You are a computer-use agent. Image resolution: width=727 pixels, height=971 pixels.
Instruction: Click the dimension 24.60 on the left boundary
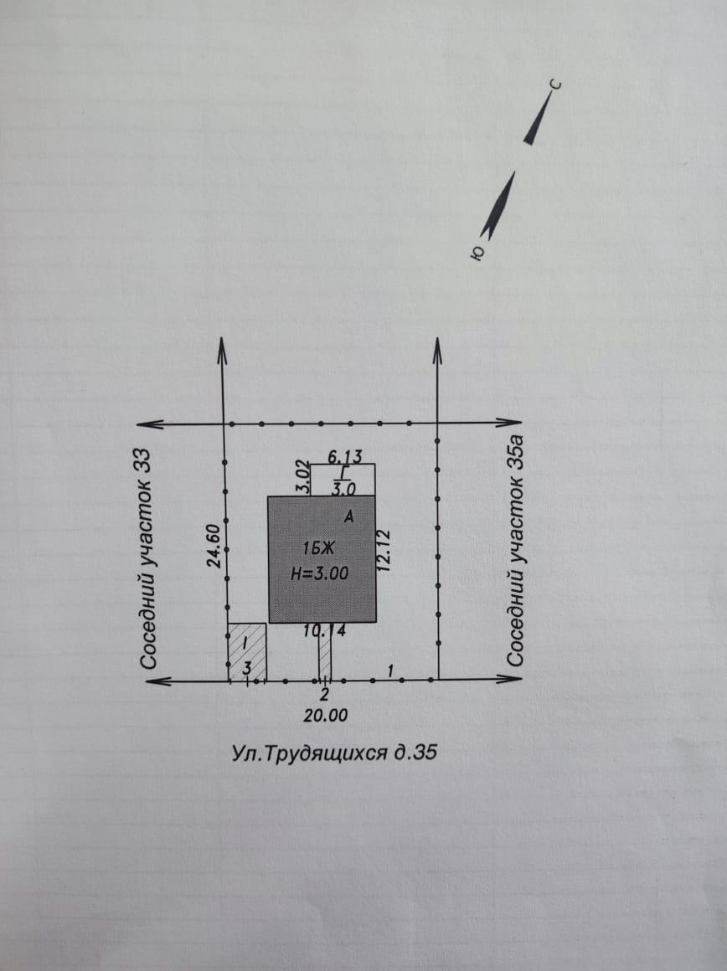[214, 546]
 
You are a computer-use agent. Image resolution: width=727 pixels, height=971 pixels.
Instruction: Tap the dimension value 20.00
[325, 716]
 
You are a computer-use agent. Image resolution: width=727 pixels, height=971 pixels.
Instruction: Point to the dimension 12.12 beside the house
[384, 550]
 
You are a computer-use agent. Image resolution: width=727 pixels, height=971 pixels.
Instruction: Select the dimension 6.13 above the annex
[344, 457]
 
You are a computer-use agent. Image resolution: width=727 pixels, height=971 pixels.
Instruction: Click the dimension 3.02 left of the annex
[302, 476]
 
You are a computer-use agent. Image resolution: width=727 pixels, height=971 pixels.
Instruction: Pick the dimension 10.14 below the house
[325, 631]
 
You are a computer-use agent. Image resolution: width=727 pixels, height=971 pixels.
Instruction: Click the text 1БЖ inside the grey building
[318, 548]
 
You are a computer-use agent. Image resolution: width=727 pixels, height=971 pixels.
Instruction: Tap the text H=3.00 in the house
[320, 573]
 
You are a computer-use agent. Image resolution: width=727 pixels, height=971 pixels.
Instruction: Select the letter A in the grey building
[349, 516]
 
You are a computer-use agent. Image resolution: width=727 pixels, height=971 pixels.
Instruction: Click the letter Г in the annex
[344, 472]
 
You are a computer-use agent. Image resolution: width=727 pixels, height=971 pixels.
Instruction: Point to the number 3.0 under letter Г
[344, 489]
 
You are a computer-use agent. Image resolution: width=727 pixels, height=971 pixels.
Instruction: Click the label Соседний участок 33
[147, 558]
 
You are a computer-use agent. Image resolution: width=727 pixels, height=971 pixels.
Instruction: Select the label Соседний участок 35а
[516, 551]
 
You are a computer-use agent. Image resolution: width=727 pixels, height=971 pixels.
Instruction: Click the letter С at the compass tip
[556, 85]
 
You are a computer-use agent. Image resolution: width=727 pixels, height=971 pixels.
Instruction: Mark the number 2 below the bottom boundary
[324, 696]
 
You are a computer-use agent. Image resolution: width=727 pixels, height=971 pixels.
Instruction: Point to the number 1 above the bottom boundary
[390, 670]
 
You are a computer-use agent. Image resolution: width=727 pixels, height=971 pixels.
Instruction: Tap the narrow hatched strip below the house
[325, 651]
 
